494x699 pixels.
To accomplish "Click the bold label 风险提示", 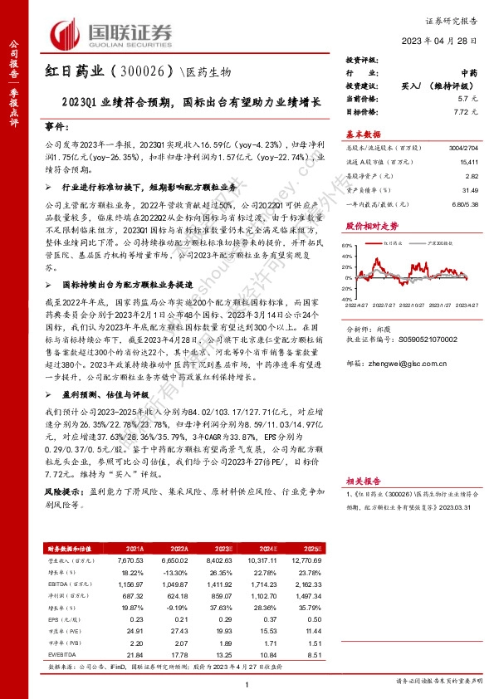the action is pyautogui.click(x=61, y=516).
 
